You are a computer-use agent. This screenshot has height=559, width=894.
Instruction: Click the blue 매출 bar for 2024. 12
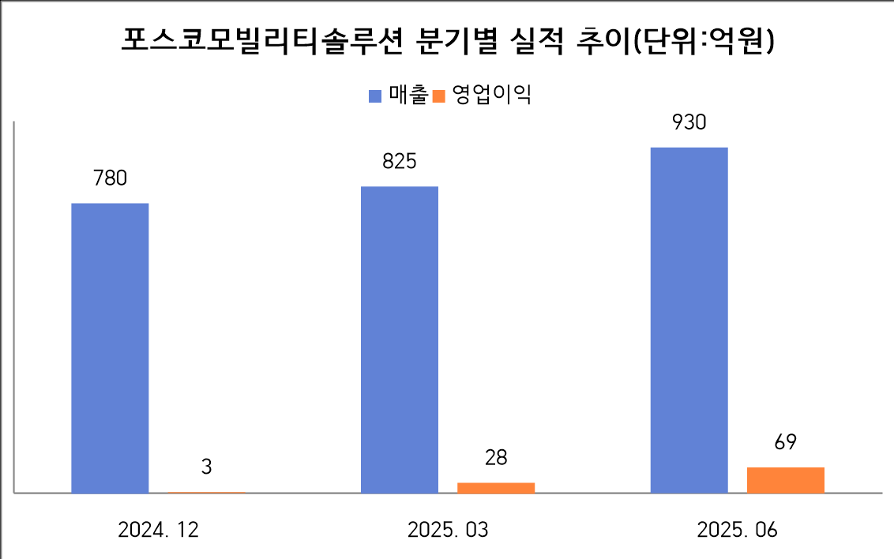click(110, 348)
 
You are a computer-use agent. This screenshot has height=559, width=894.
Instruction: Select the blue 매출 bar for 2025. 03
click(400, 340)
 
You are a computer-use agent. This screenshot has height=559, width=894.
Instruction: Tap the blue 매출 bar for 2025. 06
click(689, 320)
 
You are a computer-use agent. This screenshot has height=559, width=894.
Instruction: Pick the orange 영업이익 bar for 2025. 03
click(496, 488)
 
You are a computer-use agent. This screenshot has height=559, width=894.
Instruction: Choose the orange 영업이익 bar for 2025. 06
click(785, 480)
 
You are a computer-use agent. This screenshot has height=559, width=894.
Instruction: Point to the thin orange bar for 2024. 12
click(206, 493)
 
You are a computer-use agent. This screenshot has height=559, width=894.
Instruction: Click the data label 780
click(110, 178)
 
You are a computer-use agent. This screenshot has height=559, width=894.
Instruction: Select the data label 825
click(400, 162)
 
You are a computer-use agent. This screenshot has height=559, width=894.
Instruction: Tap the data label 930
click(689, 122)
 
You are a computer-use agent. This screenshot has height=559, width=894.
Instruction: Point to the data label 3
click(206, 467)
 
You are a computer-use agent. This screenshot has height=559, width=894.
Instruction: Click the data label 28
click(496, 457)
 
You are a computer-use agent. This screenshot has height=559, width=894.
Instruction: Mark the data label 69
click(785, 441)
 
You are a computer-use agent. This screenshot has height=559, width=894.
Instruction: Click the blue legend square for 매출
click(376, 96)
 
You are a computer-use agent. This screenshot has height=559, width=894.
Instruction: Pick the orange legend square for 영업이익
click(440, 96)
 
